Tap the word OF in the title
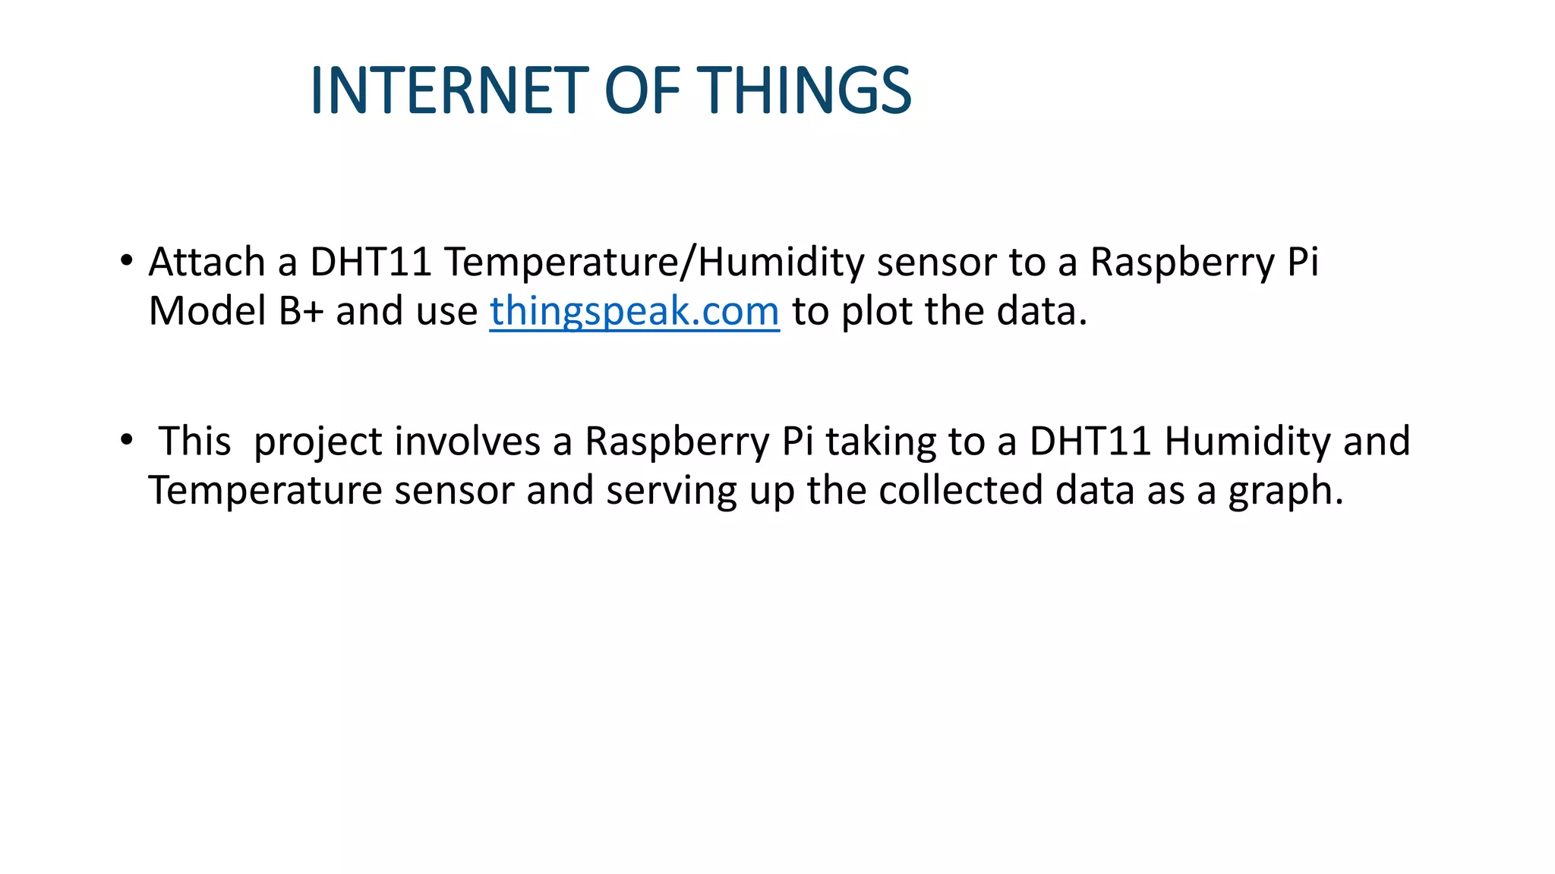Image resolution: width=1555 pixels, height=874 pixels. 642,90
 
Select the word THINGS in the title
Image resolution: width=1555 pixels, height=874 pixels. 804,90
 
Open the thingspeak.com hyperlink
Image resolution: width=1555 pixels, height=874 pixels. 634,311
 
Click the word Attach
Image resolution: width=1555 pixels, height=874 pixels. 207,262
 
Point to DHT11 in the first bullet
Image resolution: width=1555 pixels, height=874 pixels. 371,262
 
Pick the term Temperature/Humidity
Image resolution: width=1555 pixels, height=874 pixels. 654,262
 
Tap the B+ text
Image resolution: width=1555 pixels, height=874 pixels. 301,311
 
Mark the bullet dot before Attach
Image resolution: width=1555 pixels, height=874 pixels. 126,260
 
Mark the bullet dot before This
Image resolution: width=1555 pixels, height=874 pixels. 126,439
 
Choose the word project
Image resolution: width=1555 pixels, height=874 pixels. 317,442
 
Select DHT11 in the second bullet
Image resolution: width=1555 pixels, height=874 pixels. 1090,442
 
